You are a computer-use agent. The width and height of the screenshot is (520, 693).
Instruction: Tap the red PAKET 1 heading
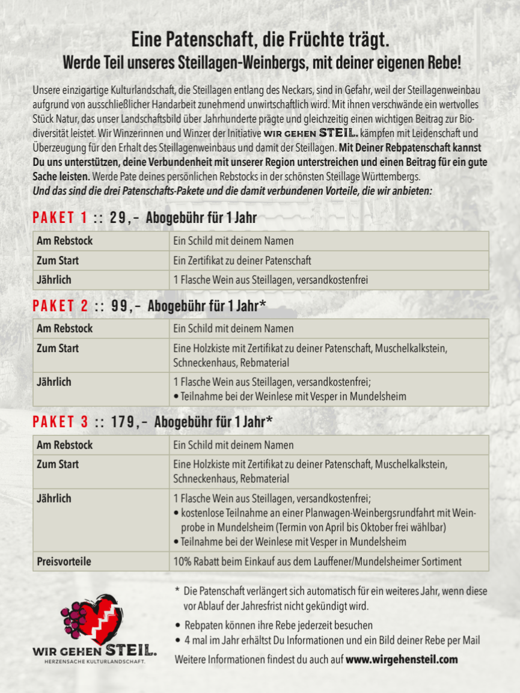click(x=60, y=218)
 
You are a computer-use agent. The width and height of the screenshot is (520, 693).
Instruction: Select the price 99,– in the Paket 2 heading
click(x=126, y=305)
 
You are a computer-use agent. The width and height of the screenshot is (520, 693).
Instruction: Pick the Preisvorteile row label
click(x=64, y=561)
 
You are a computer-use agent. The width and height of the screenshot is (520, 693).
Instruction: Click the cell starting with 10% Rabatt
click(x=317, y=561)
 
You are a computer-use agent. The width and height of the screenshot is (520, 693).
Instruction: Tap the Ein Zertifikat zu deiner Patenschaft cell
click(x=242, y=261)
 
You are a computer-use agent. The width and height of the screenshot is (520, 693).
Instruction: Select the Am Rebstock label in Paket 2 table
click(x=65, y=329)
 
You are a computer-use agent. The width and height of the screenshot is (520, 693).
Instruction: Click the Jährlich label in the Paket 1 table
click(x=54, y=280)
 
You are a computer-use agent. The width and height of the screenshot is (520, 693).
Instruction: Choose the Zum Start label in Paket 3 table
click(x=58, y=465)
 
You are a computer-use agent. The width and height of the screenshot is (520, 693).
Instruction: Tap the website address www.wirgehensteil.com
click(x=402, y=659)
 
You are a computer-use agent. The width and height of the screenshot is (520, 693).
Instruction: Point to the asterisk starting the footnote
click(x=177, y=591)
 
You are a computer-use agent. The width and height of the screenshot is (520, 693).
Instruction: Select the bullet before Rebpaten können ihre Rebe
click(x=178, y=626)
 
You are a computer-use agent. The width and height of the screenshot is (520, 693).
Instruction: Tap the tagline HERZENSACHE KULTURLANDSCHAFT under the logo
click(x=94, y=662)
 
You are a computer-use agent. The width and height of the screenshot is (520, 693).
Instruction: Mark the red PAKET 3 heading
click(x=60, y=422)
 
